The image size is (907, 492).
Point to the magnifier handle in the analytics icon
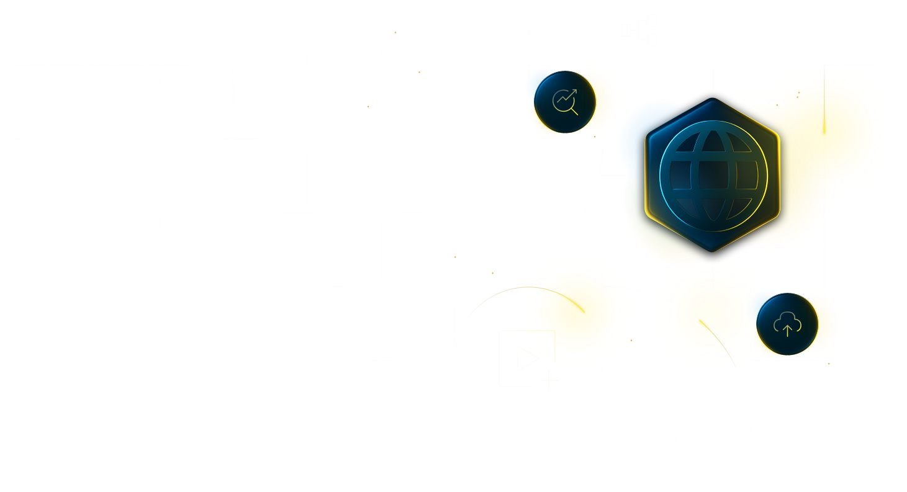574,112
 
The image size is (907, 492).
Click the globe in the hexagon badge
713,176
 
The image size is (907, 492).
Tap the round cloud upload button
787,324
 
